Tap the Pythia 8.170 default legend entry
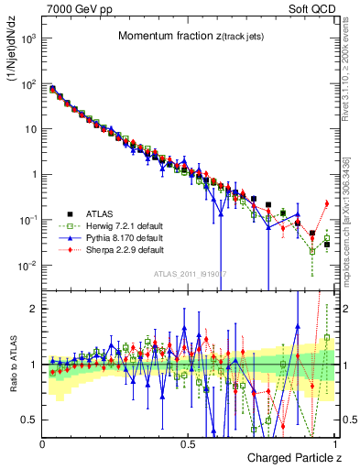coord(110,237)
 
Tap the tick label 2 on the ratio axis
coord(35,309)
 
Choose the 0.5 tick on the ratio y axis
coord(30,420)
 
